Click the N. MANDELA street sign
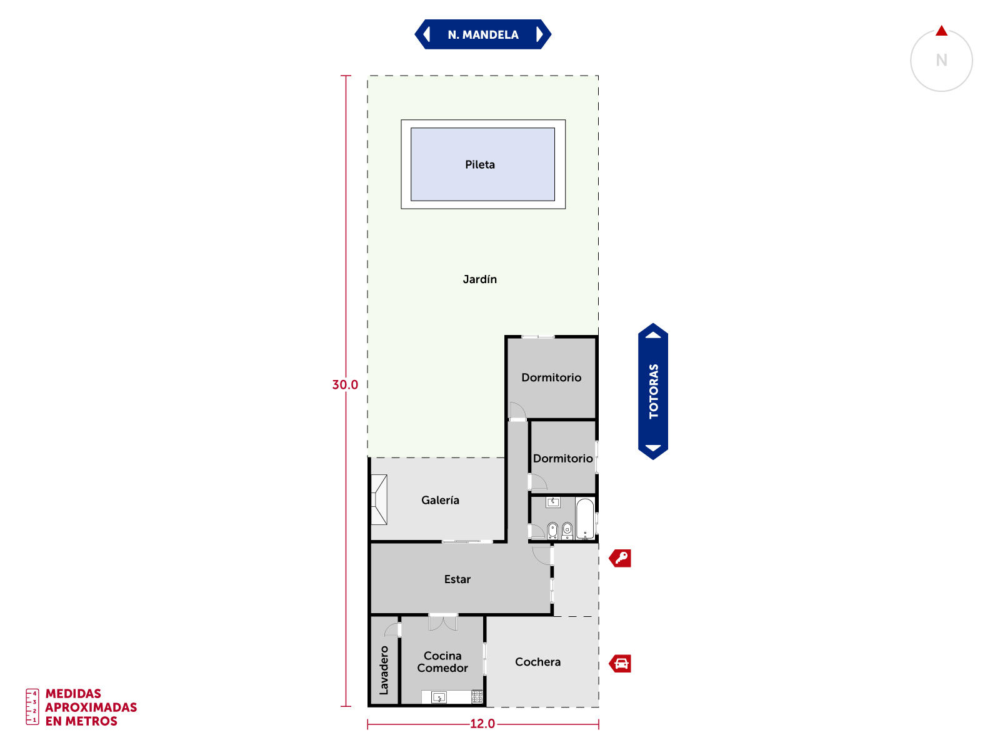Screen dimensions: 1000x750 tap(482, 34)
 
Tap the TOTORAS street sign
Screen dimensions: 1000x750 tap(653, 391)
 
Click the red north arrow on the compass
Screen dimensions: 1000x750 tap(941, 31)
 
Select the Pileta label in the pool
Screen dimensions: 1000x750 tap(480, 164)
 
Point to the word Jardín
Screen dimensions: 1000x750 tap(480, 279)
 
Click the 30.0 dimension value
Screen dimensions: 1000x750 tap(345, 385)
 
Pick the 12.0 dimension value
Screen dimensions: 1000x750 tap(482, 724)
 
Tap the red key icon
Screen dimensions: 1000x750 tap(620, 558)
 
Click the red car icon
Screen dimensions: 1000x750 tap(620, 664)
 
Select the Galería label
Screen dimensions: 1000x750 tap(440, 500)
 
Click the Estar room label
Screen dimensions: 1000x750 tap(457, 579)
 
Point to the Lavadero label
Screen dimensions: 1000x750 tap(384, 670)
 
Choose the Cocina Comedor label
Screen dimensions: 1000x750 tap(442, 662)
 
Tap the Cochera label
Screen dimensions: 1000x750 tap(537, 662)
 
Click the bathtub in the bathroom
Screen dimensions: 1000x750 tap(585, 519)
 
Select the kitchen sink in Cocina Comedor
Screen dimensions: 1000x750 tap(439, 697)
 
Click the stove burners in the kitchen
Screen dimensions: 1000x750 tap(477, 697)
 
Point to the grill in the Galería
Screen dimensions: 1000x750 tap(379, 499)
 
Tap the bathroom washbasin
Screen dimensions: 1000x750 tap(553, 502)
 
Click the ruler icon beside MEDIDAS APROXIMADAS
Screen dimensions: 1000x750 tap(32, 707)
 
